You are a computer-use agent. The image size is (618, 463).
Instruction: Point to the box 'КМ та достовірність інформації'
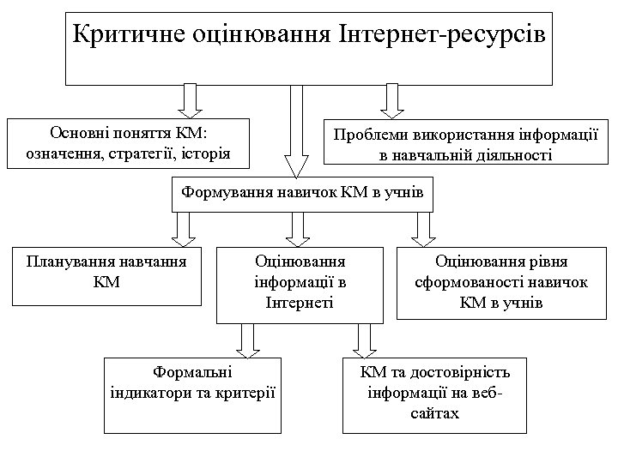pyautogui.click(x=434, y=394)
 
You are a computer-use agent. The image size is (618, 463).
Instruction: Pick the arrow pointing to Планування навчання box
pyautogui.click(x=181, y=228)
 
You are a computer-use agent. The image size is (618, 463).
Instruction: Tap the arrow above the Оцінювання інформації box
pyautogui.click(x=299, y=228)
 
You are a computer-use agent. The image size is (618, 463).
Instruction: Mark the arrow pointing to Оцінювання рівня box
pyautogui.click(x=421, y=228)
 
